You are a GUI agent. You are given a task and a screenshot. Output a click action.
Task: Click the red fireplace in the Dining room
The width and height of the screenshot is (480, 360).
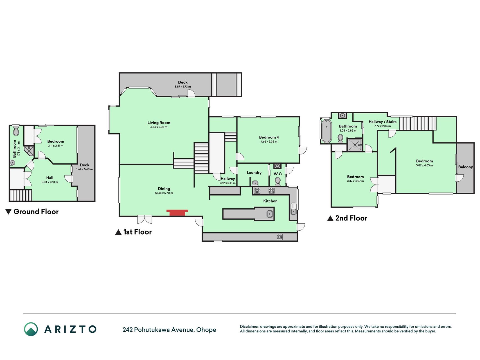tap(177, 213)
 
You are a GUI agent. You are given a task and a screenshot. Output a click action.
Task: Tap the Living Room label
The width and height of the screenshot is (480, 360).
tap(159, 123)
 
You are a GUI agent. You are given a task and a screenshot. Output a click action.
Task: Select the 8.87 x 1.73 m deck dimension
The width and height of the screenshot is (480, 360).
tap(183, 87)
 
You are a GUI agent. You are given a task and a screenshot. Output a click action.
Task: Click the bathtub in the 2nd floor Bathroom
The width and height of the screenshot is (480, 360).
tap(326, 131)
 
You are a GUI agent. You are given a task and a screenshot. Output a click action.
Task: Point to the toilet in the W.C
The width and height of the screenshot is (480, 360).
tap(278, 182)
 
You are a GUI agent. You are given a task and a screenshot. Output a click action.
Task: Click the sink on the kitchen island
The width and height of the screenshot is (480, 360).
tap(270, 214)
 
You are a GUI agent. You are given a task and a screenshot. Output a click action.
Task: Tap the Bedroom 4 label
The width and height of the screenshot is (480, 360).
tap(269, 137)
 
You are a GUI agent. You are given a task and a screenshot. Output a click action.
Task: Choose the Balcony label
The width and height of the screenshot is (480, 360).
tap(466, 167)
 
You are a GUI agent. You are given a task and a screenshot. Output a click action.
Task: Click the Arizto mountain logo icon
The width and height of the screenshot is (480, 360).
tap(31, 329)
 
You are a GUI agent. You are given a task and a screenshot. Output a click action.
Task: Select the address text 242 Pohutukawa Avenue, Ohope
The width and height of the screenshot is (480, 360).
tap(169, 330)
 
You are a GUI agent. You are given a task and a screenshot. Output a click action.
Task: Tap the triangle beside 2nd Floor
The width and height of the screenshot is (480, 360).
tap(330, 218)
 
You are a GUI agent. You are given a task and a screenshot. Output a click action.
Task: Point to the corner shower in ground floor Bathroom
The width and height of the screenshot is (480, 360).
tap(29, 151)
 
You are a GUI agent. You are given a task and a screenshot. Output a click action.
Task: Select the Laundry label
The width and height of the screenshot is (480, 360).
tap(254, 173)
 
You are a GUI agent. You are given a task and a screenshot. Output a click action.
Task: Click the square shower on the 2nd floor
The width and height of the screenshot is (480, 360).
tap(355, 145)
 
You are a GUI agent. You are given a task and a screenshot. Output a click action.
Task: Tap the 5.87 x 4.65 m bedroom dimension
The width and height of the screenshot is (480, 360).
tap(425, 165)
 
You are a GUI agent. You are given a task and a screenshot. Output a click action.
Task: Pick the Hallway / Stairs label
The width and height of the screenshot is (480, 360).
tap(382, 122)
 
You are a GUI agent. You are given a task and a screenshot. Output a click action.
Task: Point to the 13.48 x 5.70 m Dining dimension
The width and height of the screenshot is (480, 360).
tap(164, 193)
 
